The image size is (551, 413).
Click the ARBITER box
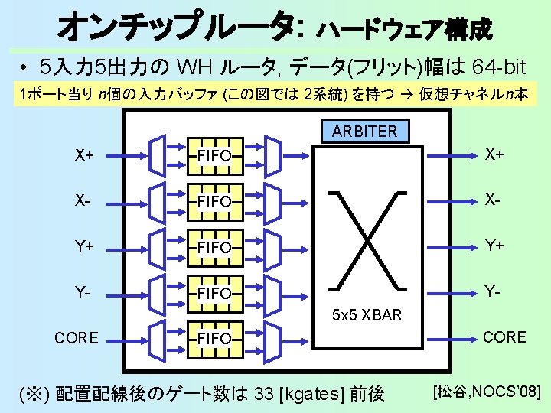365,131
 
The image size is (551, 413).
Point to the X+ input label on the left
84,155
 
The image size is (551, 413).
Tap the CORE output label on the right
504,337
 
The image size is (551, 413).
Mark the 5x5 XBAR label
367,314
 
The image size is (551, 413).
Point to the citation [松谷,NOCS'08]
487,392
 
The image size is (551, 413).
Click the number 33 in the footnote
263,394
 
